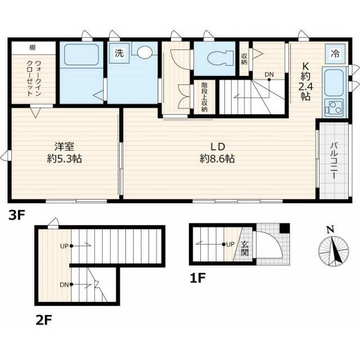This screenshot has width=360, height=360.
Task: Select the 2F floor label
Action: click(x=43, y=321)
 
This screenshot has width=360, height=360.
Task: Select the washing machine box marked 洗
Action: click(x=119, y=54)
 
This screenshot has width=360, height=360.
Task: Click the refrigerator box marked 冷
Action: click(x=335, y=54)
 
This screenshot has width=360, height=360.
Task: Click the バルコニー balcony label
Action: click(x=332, y=160)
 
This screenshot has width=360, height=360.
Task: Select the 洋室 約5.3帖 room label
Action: click(x=64, y=152)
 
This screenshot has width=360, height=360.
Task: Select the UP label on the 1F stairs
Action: click(x=229, y=244)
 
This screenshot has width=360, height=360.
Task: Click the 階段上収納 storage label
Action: click(x=205, y=97)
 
